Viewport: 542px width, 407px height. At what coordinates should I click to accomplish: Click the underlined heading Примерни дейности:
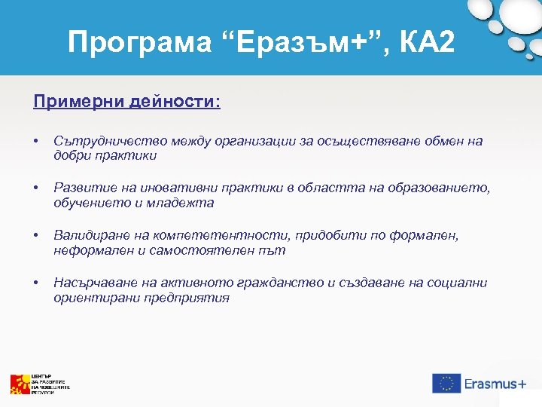126,101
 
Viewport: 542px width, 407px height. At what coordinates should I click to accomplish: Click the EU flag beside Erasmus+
446,383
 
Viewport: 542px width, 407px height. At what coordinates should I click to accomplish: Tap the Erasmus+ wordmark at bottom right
495,384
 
